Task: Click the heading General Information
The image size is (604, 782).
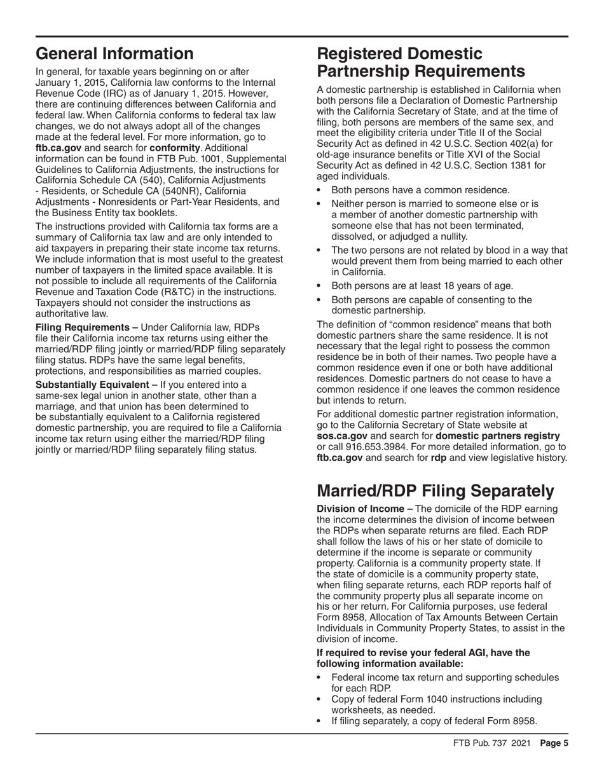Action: coord(114,54)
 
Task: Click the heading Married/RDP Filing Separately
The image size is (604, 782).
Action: coord(435,491)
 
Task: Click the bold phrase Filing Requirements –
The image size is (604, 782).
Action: coord(86,327)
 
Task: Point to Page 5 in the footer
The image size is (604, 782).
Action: coord(554,743)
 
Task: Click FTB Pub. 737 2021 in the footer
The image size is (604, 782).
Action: coord(493,743)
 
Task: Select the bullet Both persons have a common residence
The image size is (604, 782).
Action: coord(420,189)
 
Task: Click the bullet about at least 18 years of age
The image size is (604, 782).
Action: coord(422,285)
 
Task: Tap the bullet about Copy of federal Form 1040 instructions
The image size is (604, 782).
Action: coord(437,699)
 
